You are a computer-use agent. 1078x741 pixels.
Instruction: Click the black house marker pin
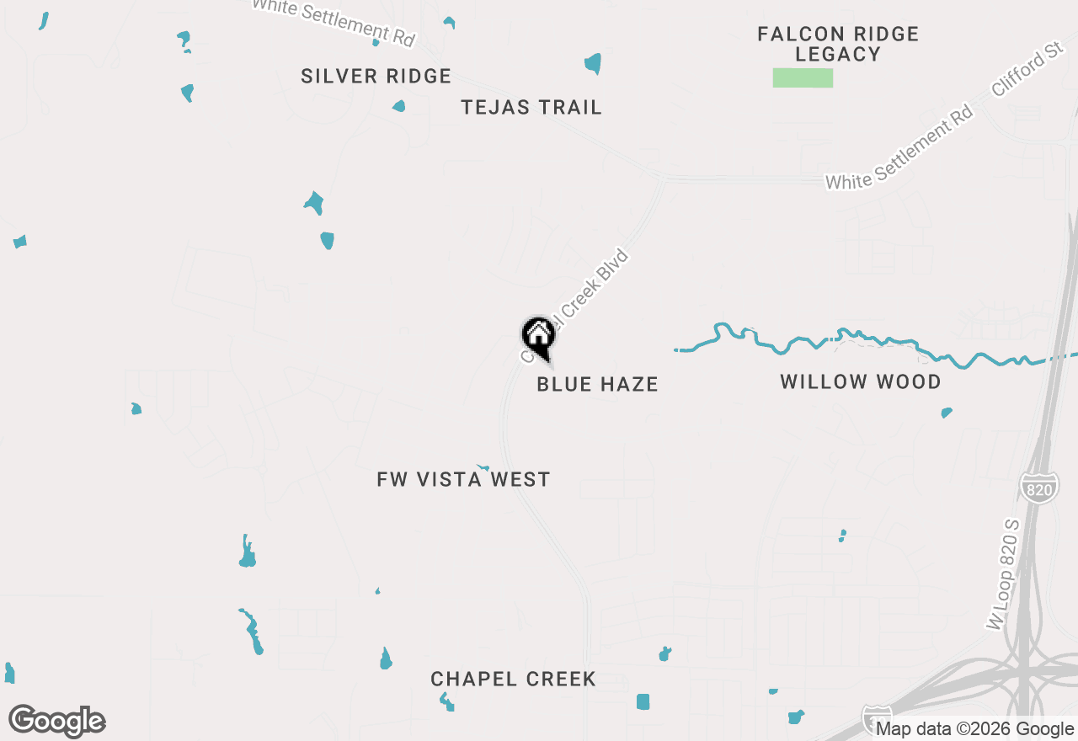539,337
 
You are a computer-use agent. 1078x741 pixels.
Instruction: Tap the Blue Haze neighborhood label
597,384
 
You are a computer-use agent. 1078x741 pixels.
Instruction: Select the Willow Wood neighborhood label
860,381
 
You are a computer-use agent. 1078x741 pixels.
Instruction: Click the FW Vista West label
463,479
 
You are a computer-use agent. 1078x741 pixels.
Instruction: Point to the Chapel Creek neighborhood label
513,679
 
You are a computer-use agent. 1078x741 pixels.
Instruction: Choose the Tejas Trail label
531,107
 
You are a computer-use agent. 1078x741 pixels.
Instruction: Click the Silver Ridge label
376,76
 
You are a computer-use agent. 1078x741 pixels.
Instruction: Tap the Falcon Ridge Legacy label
837,44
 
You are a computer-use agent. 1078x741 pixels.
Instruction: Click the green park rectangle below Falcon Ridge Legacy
803,78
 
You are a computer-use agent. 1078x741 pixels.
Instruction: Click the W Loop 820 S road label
1004,574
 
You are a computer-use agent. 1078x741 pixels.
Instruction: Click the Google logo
57,721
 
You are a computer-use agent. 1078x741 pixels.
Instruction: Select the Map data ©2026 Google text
974,729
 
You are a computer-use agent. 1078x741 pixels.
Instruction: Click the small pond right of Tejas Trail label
593,63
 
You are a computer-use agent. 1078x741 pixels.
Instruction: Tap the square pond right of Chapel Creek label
643,701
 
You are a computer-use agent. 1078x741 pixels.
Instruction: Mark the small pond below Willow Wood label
946,413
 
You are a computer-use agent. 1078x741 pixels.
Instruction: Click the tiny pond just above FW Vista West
483,466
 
